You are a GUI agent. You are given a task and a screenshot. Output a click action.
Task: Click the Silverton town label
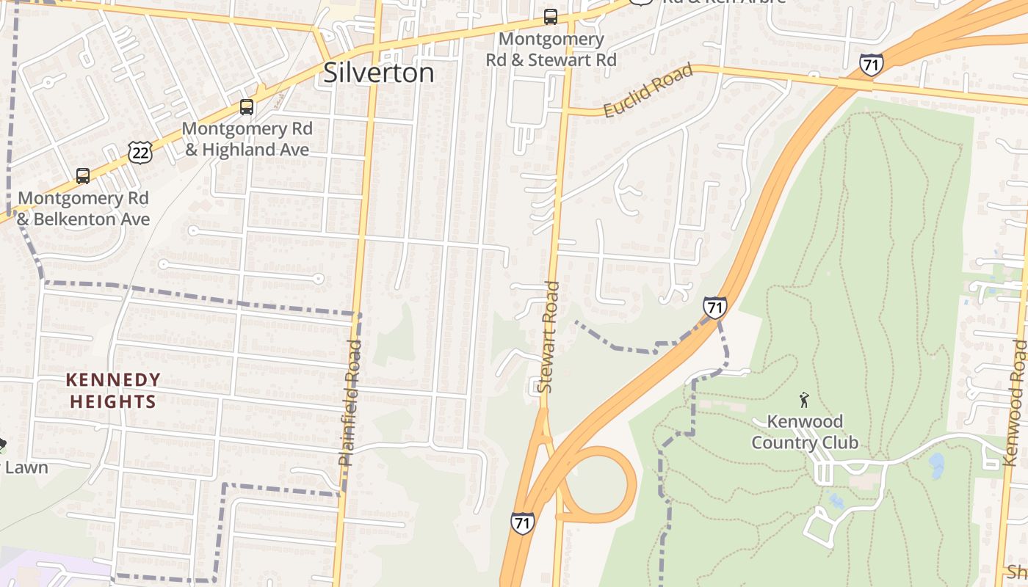pyautogui.click(x=378, y=73)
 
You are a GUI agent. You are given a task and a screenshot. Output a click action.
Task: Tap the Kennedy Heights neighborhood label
pyautogui.click(x=113, y=390)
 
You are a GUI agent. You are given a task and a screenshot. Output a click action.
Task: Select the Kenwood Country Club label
pyautogui.click(x=805, y=432)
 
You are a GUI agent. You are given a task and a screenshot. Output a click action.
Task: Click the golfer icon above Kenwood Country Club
pyautogui.click(x=804, y=400)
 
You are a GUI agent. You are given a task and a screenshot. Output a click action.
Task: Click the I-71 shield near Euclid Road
pyautogui.click(x=871, y=65)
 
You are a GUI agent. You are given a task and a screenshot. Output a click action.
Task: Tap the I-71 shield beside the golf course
pyautogui.click(x=714, y=307)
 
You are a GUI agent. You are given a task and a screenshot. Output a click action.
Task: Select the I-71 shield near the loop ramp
pyautogui.click(x=522, y=523)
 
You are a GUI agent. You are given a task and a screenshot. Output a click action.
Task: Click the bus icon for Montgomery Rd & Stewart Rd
pyautogui.click(x=550, y=16)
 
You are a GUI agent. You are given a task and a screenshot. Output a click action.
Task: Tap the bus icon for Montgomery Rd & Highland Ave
pyautogui.click(x=247, y=107)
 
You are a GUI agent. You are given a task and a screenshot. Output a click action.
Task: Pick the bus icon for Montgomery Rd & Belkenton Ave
pyautogui.click(x=83, y=176)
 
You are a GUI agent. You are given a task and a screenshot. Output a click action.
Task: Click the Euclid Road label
pyautogui.click(x=648, y=91)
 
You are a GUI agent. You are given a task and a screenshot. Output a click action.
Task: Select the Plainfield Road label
pyautogui.click(x=350, y=402)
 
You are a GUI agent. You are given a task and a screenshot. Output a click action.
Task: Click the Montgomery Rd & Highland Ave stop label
pyautogui.click(x=248, y=139)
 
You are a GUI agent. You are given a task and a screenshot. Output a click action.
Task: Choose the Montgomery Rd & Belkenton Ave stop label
pyautogui.click(x=83, y=208)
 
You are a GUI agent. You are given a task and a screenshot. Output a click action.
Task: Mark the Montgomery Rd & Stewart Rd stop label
pyautogui.click(x=551, y=49)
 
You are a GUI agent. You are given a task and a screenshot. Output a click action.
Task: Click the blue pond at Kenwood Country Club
pyautogui.click(x=936, y=464)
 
